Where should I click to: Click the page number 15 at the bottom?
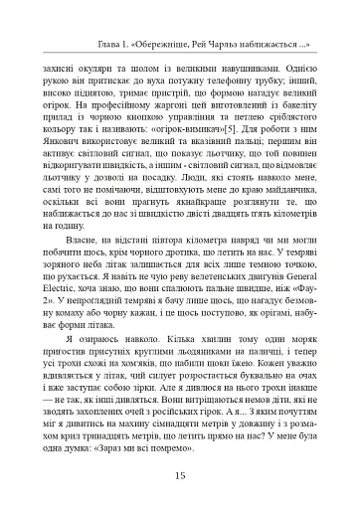[x=180, y=475]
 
